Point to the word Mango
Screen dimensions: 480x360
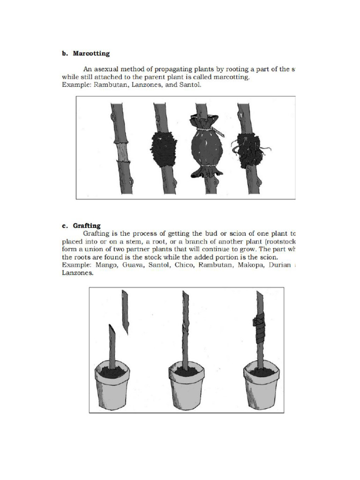(106, 265)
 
